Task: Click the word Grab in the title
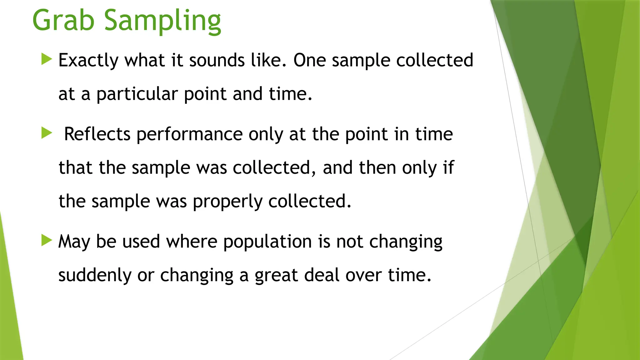pyautogui.click(x=63, y=21)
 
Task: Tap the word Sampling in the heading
pyautogui.click(x=162, y=21)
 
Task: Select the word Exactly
pyautogui.click(x=88, y=60)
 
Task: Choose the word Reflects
pyautogui.click(x=97, y=134)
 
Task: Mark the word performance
pyautogui.click(x=189, y=135)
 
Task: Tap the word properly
pyautogui.click(x=227, y=202)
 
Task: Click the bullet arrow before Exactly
pyautogui.click(x=47, y=59)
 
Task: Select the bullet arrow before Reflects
pyautogui.click(x=47, y=133)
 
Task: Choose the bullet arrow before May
pyautogui.click(x=47, y=240)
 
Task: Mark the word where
pyautogui.click(x=191, y=242)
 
